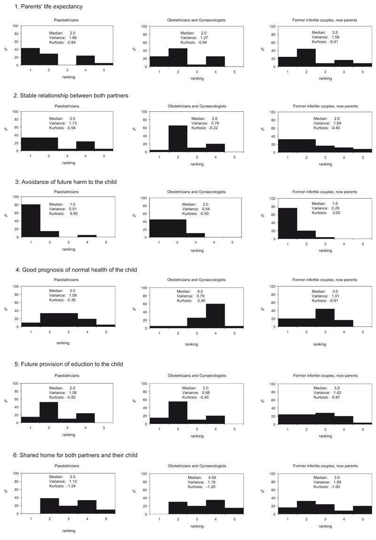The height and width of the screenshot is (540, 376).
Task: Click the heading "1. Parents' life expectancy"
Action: [x=42, y=7]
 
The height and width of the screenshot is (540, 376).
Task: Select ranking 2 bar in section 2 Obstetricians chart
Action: [x=178, y=139]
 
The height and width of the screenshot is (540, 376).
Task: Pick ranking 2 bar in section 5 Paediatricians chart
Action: [x=49, y=406]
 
